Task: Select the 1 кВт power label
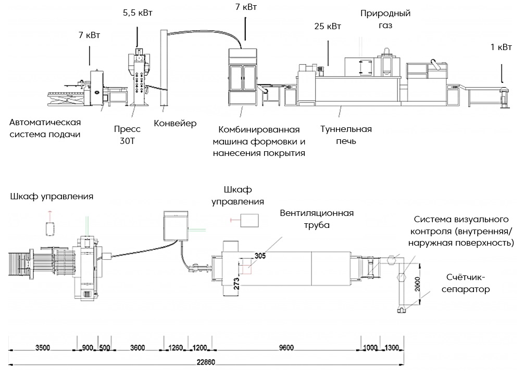coord(501,47)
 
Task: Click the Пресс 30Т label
coord(128,135)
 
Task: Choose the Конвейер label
coord(176,124)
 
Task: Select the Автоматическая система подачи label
coord(45,129)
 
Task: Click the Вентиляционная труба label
coord(317,219)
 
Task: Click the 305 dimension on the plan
coord(260,255)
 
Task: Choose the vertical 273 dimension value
coord(236,283)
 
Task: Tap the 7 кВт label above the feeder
coord(89,35)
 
